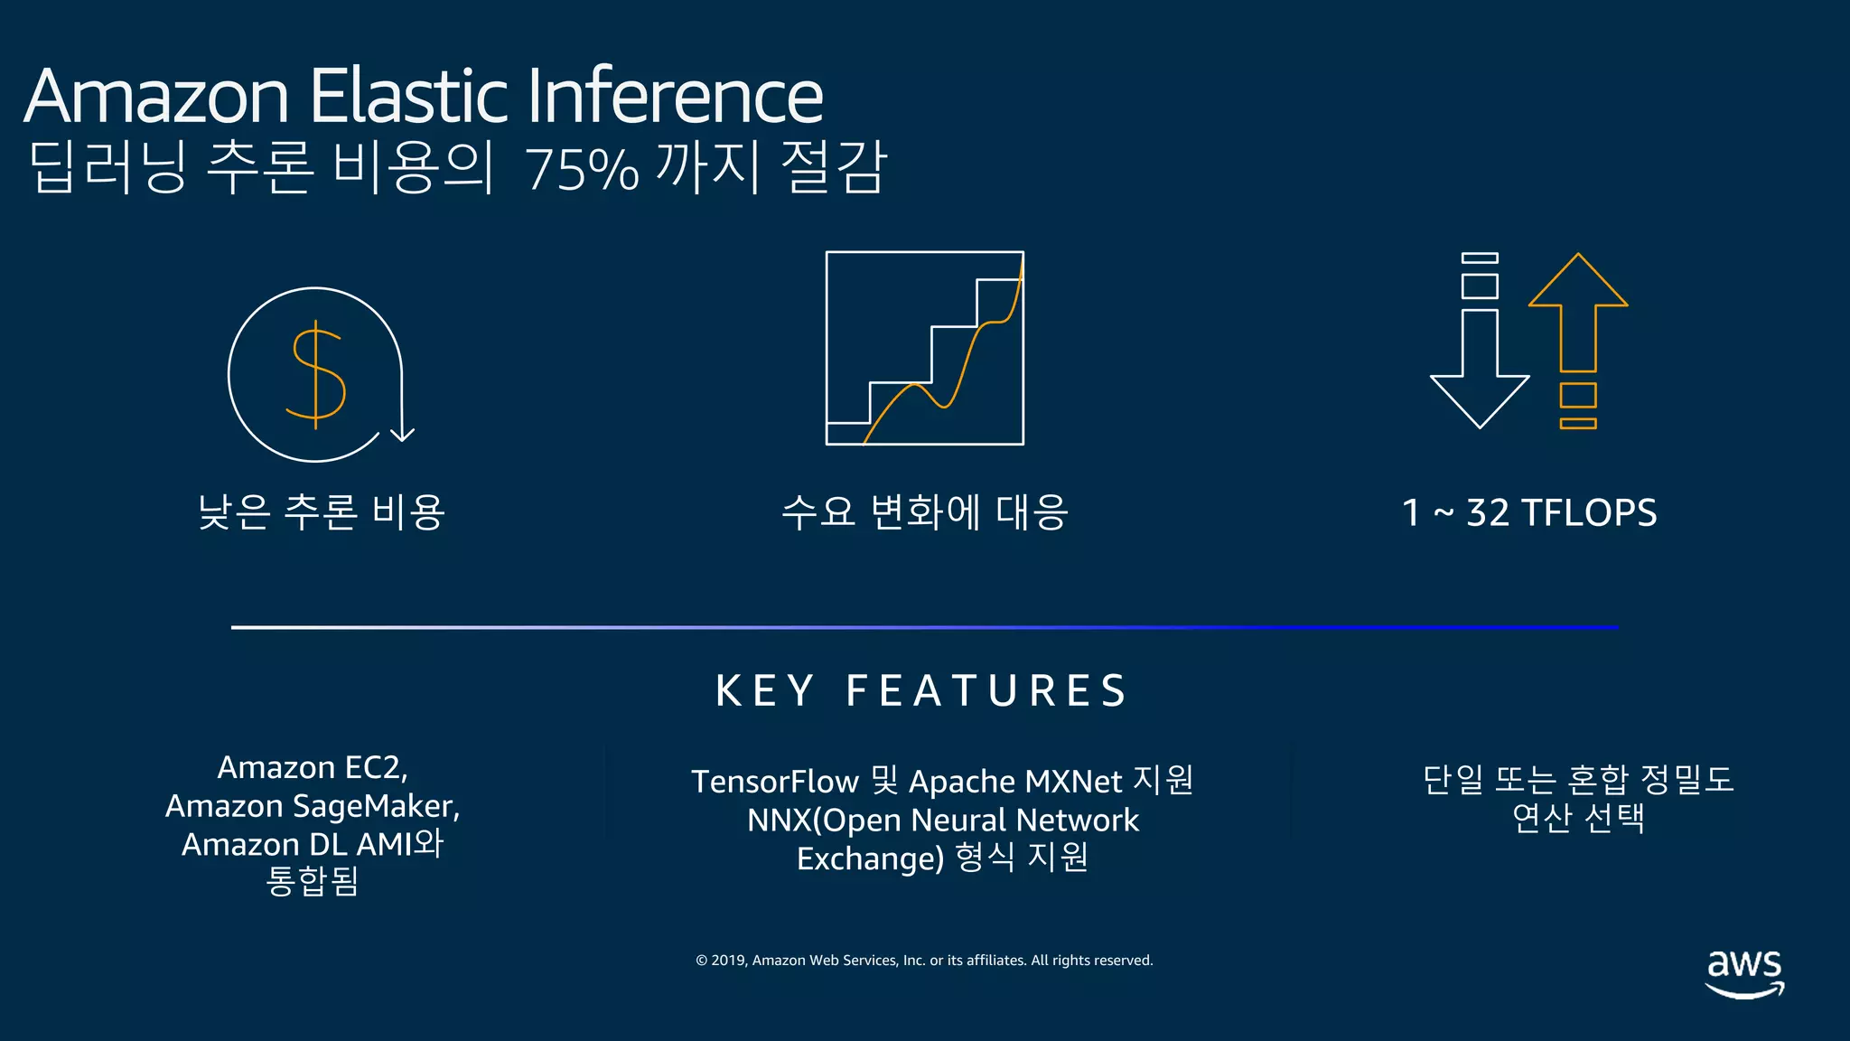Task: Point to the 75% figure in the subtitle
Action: pyautogui.click(x=581, y=170)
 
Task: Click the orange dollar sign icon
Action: pyautogui.click(x=316, y=374)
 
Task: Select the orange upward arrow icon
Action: pyautogui.click(x=1578, y=312)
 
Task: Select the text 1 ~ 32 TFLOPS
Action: pyautogui.click(x=1529, y=512)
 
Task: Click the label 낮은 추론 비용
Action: pyautogui.click(x=322, y=512)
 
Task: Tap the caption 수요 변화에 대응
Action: pyautogui.click(x=924, y=512)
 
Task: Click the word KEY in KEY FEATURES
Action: pyautogui.click(x=764, y=691)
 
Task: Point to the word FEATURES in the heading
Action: pyautogui.click(x=986, y=691)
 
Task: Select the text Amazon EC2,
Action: pyautogui.click(x=313, y=767)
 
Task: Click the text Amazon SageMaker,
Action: pyautogui.click(x=313, y=805)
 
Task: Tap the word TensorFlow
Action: pyautogui.click(x=774, y=782)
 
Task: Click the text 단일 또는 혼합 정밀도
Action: pyautogui.click(x=1578, y=779)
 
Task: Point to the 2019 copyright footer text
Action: pyautogui.click(x=924, y=960)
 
